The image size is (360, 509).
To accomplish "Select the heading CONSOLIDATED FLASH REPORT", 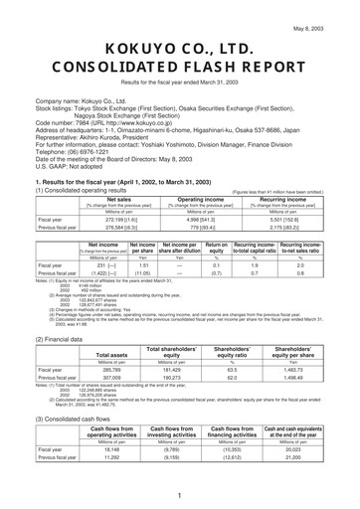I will [180, 73].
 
